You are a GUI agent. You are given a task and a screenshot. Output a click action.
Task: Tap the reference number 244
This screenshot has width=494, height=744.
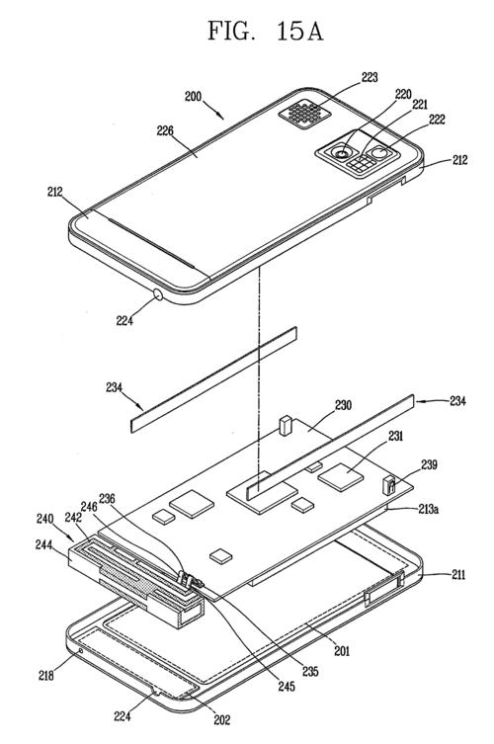(x=45, y=544)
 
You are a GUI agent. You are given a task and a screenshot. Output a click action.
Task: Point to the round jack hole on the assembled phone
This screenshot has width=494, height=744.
(x=158, y=293)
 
